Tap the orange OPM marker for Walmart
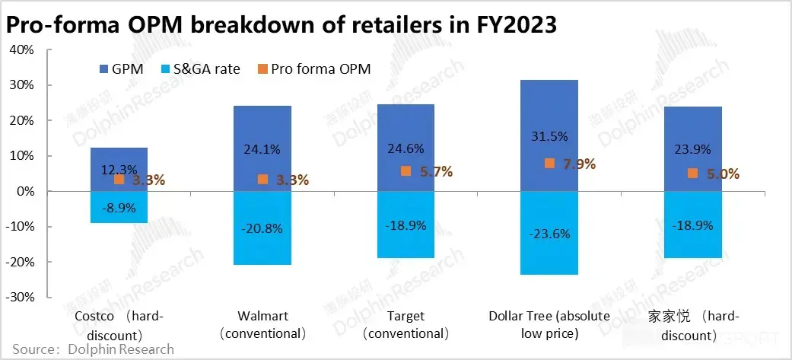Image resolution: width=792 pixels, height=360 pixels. tap(262, 180)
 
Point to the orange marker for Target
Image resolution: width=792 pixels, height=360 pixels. tap(406, 171)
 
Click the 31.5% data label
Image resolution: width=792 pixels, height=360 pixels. tap(549, 136)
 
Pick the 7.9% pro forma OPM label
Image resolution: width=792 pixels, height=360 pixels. tap(580, 164)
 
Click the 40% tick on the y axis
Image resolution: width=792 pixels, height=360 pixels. tap(22, 50)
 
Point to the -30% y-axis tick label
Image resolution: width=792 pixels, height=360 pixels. tap(20, 297)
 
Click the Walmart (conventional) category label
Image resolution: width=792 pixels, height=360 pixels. tap(262, 325)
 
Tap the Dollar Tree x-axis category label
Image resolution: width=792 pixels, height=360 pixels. tap(549, 325)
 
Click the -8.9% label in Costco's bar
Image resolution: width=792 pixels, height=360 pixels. tap(119, 207)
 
